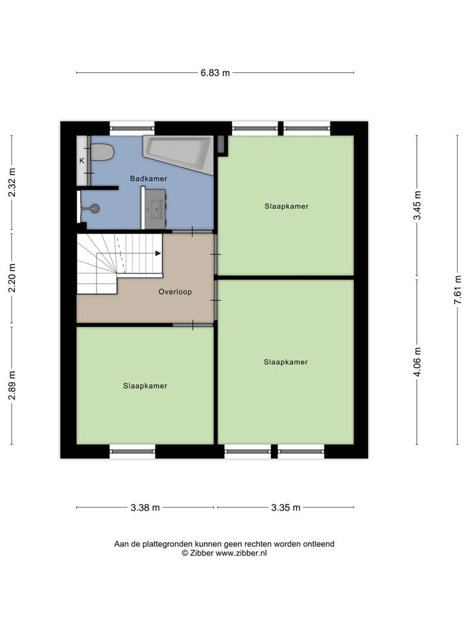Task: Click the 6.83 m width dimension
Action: [215, 73]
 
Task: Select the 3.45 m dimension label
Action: [418, 205]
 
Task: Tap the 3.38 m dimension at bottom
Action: [145, 508]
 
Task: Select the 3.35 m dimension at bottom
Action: [286, 508]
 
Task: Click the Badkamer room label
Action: [148, 178]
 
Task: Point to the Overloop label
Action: [175, 292]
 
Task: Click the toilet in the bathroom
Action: [102, 152]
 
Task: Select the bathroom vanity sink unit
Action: [155, 208]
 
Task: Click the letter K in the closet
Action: [82, 161]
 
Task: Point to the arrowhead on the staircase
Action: [158, 253]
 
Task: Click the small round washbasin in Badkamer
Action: [94, 208]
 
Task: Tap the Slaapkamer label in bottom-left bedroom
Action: [145, 386]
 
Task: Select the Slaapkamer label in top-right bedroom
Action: [286, 206]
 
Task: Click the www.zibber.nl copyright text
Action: [224, 553]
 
